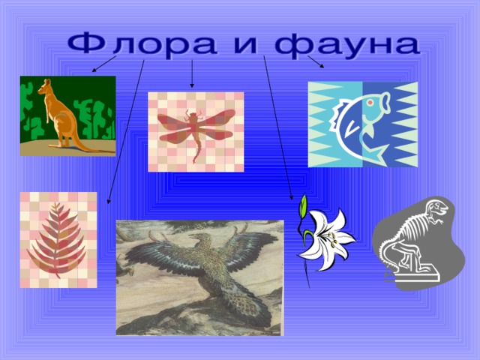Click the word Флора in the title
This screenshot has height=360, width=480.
[x=142, y=46]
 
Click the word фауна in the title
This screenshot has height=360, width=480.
[x=347, y=46]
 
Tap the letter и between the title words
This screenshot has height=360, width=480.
[x=245, y=46]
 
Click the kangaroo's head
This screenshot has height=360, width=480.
[x=45, y=86]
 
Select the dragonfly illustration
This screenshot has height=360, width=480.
[x=196, y=132]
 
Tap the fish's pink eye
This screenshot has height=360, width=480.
[x=370, y=103]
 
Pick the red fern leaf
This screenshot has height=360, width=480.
[x=57, y=240]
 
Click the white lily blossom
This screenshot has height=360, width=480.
[x=327, y=239]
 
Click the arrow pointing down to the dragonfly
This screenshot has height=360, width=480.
[x=192, y=73]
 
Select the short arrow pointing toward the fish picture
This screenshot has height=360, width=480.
[x=316, y=61]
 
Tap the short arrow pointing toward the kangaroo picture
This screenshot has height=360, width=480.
[x=104, y=64]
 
